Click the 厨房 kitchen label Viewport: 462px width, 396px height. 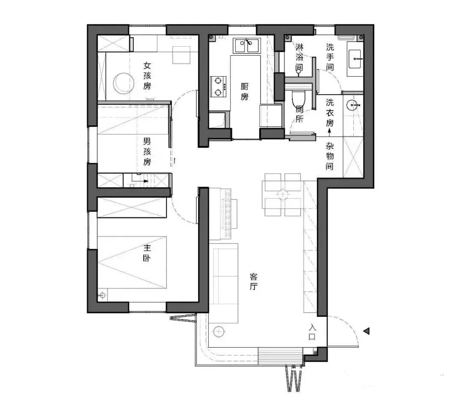tap(245, 92)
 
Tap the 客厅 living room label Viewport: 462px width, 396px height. tap(254, 282)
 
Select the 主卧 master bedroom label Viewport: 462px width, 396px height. tap(147, 253)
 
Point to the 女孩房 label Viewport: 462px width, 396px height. tap(147, 75)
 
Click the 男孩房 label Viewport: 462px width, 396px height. tap(147, 151)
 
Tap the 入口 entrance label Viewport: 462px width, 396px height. tap(312, 332)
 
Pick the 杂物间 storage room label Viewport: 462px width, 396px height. tap(330, 156)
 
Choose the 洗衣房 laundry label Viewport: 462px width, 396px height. tap(330, 112)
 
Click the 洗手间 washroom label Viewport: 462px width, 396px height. tap(330, 57)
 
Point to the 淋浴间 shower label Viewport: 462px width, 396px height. tap(299, 57)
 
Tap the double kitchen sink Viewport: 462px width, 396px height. tap(247, 46)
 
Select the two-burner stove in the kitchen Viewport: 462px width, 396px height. tap(218, 86)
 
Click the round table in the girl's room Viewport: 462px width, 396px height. tap(124, 83)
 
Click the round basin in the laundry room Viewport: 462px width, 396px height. tap(352, 105)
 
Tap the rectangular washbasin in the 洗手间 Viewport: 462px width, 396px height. tap(355, 59)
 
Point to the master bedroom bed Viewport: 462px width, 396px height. tap(132, 262)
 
